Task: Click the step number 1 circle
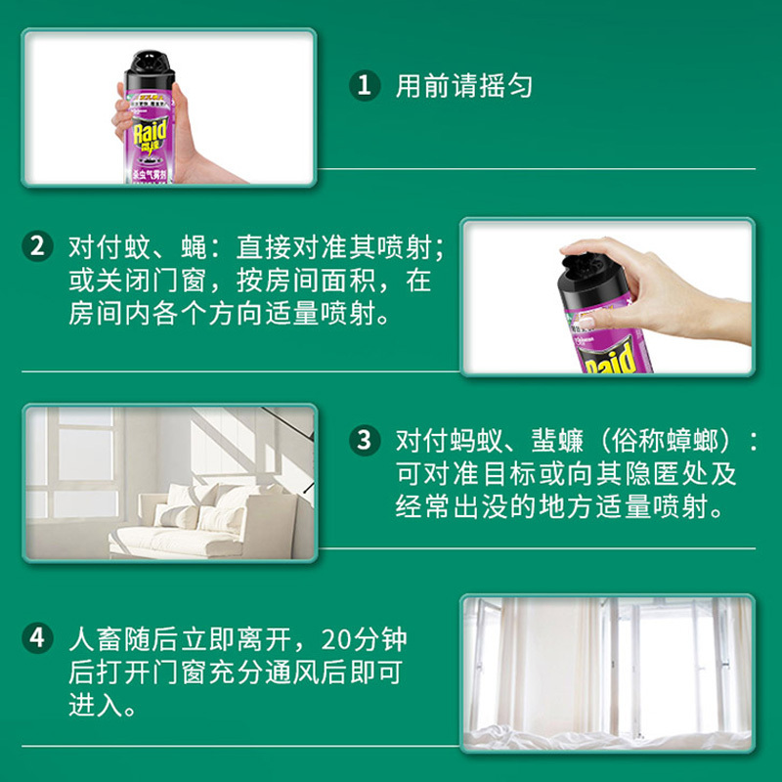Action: pyautogui.click(x=364, y=85)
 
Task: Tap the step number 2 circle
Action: pyautogui.click(x=36, y=245)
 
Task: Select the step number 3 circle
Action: pyautogui.click(x=364, y=440)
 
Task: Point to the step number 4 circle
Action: pyautogui.click(x=36, y=640)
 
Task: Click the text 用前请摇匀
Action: pyautogui.click(x=464, y=86)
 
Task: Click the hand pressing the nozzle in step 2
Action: pyautogui.click(x=665, y=283)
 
